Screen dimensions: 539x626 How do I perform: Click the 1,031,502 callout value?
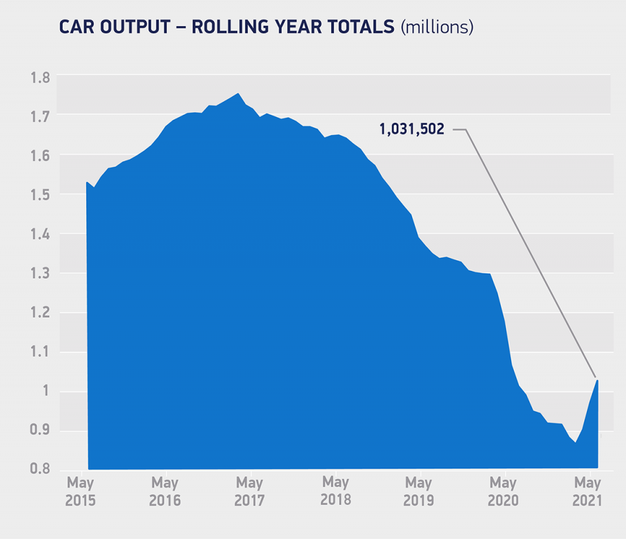(411, 129)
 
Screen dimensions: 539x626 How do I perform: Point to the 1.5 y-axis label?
(40, 194)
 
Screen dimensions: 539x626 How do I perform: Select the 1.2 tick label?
(40, 313)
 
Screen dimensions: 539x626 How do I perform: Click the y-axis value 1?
(44, 392)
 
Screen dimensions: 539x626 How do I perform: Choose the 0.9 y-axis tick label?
(40, 431)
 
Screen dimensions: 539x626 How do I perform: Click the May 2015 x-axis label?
(80, 491)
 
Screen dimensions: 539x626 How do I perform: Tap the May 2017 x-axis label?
(249, 491)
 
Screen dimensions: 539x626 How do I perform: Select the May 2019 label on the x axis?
(418, 491)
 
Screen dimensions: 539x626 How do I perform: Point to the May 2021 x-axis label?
(586, 491)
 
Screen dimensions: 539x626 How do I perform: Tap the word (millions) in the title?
(437, 27)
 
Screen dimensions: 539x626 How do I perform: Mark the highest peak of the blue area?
(237, 94)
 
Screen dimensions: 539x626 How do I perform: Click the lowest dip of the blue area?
(575, 443)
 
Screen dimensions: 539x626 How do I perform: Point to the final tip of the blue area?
(597, 380)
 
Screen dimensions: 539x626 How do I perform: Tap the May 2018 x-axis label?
(335, 491)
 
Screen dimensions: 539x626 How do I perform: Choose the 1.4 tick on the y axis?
(40, 234)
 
